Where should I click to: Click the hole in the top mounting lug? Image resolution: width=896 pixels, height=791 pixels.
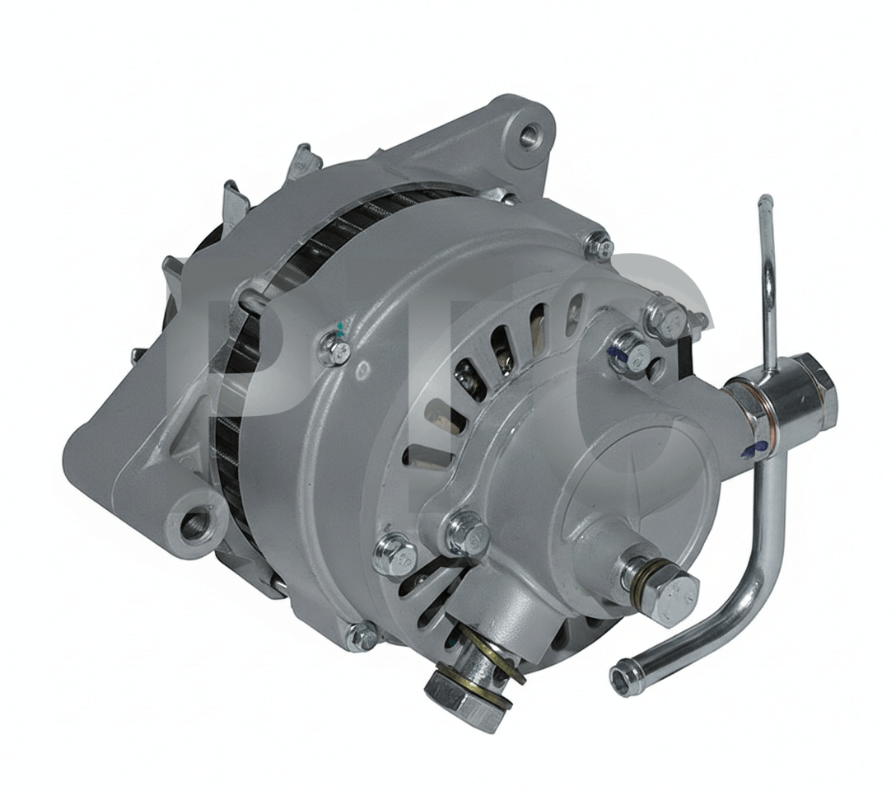[x=529, y=135]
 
